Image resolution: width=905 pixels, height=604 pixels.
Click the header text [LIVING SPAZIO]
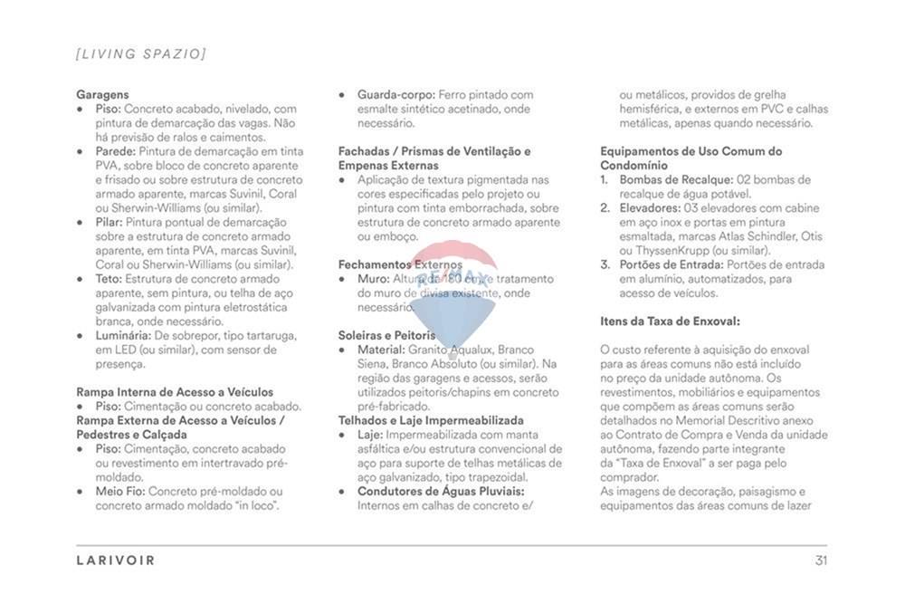[x=141, y=54]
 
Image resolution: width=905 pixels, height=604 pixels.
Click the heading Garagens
[x=102, y=94]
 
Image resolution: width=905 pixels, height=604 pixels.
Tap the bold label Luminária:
[x=123, y=335]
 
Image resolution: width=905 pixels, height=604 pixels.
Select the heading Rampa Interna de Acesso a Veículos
[x=175, y=392]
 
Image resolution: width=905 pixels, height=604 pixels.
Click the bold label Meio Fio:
[x=120, y=492]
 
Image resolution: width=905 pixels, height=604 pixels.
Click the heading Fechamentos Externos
[x=400, y=264]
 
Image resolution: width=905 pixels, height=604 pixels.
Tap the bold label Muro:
[x=374, y=279]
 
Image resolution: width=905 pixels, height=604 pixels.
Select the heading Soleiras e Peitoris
[x=387, y=335]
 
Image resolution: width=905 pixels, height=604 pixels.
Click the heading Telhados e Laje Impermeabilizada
[x=431, y=420]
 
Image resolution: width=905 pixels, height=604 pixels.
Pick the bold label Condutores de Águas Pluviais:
[x=441, y=492]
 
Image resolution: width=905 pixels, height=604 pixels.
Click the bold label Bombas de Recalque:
[x=676, y=179]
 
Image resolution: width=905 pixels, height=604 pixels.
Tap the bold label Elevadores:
[x=650, y=207]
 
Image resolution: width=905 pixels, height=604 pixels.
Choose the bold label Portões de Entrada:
[x=672, y=264]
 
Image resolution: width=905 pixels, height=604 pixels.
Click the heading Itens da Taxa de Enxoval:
[x=670, y=321]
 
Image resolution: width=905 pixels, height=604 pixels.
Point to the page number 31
[x=821, y=561]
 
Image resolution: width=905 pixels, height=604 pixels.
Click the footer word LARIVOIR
[x=116, y=561]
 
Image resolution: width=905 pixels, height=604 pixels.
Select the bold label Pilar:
[x=109, y=222]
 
